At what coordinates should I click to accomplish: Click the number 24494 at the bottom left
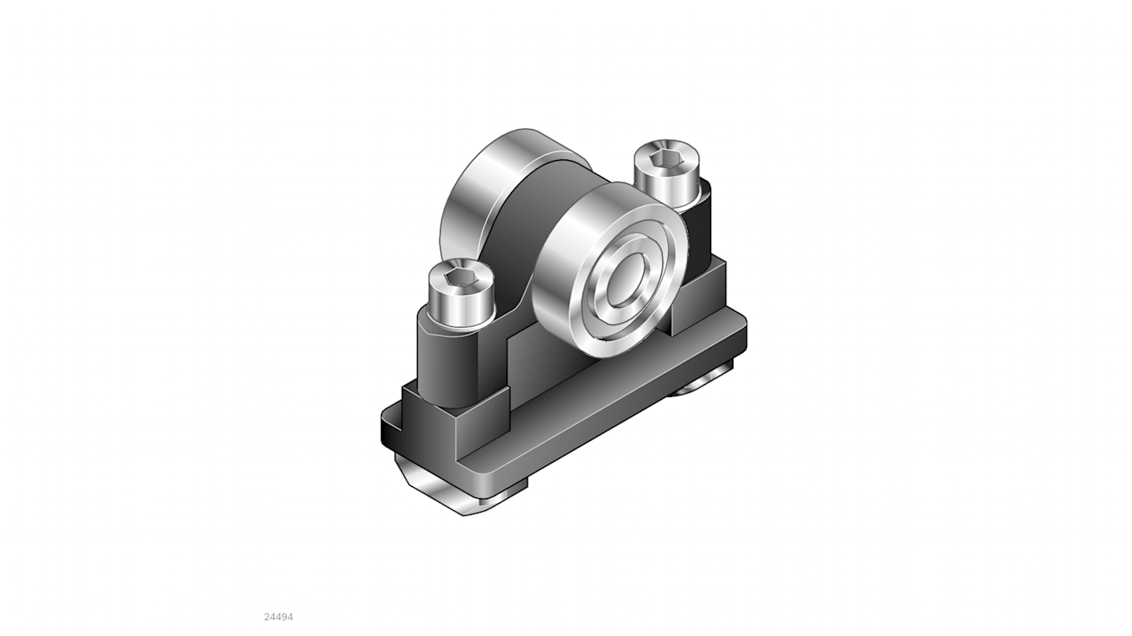(x=278, y=617)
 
